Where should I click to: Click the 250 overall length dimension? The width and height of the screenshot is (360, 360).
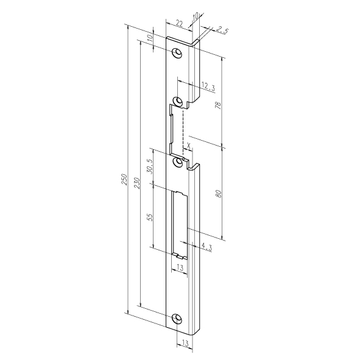click(x=124, y=179)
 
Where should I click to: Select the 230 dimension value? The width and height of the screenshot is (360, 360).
click(x=137, y=183)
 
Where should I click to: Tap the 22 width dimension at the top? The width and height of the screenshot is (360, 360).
click(x=179, y=23)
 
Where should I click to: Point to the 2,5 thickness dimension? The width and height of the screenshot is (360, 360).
click(x=222, y=30)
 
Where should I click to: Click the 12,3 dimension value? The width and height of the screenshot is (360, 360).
click(x=208, y=86)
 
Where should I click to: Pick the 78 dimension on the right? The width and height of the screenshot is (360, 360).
click(x=218, y=105)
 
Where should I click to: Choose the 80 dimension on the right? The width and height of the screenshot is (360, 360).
click(x=219, y=194)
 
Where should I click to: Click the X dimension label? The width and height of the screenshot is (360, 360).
click(x=189, y=145)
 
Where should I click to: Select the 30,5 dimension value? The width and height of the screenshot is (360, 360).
click(x=149, y=166)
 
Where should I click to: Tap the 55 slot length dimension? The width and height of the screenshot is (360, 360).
click(x=150, y=217)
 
